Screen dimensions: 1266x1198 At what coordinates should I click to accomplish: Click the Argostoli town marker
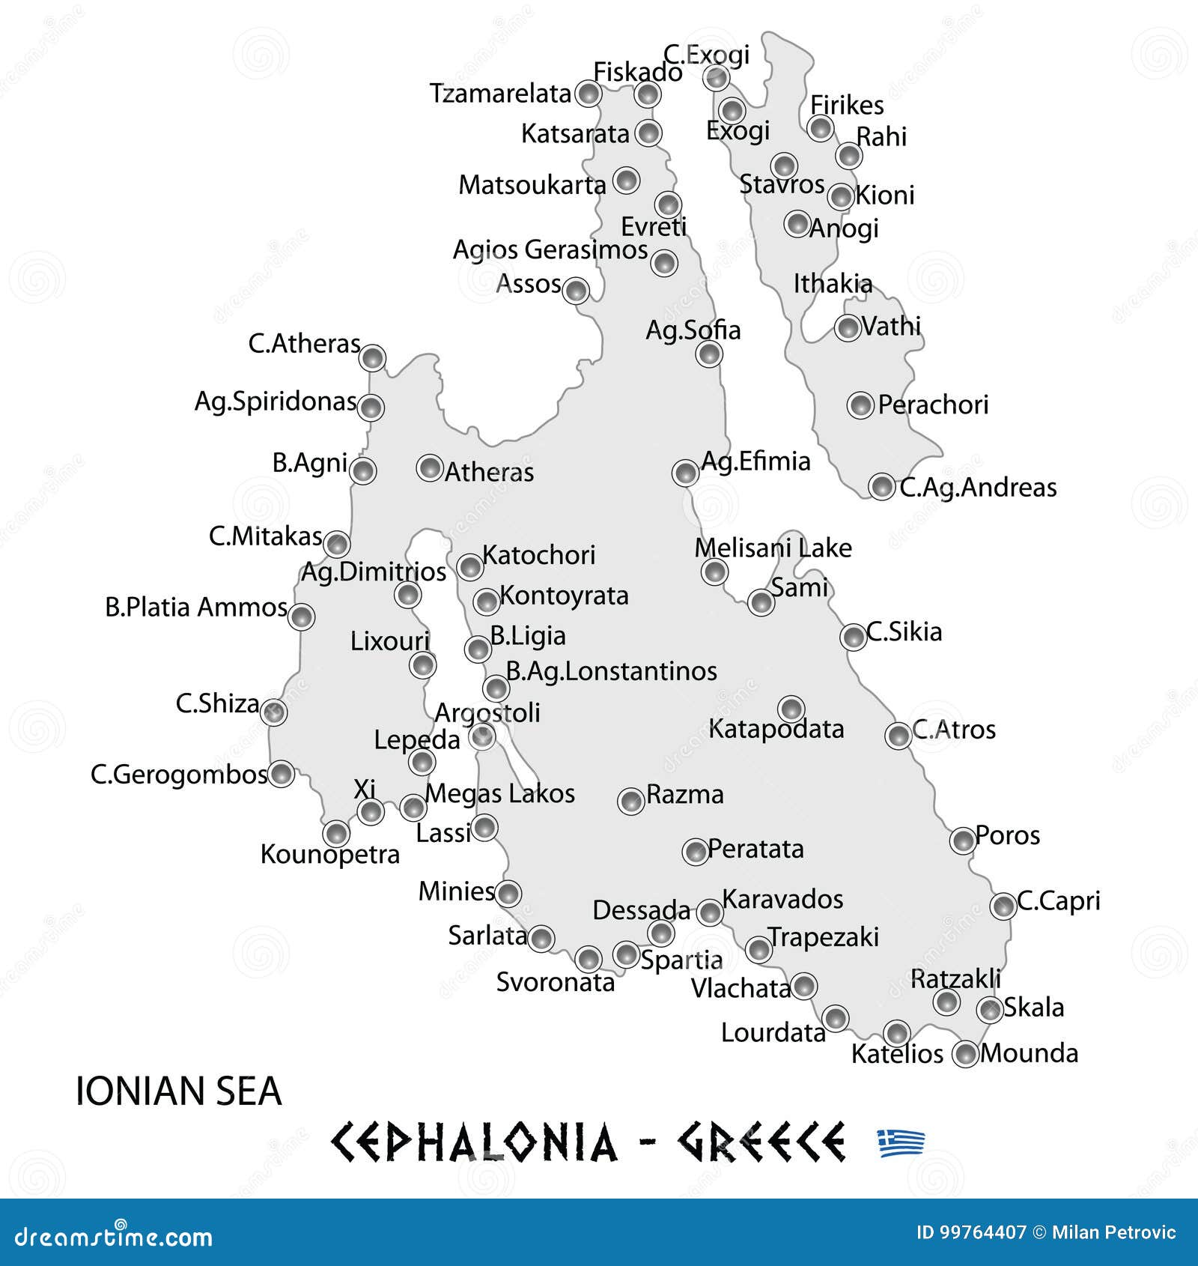point(481,736)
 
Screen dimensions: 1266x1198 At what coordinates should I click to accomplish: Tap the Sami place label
point(800,588)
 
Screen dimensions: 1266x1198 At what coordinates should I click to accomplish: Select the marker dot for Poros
point(962,841)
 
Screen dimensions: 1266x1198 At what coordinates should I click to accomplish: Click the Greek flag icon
point(901,1142)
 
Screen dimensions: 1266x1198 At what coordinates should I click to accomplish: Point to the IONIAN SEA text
point(178,1091)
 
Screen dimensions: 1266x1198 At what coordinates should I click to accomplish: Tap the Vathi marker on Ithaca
point(848,327)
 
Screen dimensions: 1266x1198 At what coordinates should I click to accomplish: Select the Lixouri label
point(390,641)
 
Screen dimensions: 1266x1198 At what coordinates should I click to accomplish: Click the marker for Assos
point(576,290)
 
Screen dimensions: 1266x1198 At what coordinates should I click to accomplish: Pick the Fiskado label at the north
point(638,72)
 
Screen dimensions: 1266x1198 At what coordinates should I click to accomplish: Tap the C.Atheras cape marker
point(372,357)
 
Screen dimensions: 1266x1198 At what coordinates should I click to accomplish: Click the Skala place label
point(1033,1008)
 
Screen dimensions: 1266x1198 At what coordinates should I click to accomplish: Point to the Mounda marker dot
point(965,1054)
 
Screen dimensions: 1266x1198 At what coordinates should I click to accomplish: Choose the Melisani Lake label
point(773,548)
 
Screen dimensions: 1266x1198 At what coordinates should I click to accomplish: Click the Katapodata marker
point(791,708)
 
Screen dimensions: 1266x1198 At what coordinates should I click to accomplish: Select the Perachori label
point(933,405)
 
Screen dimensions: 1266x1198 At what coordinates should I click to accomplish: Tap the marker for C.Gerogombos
point(281,773)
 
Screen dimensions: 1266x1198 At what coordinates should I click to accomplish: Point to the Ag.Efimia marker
point(685,472)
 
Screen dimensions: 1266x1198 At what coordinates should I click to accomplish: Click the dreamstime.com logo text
point(113,1237)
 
